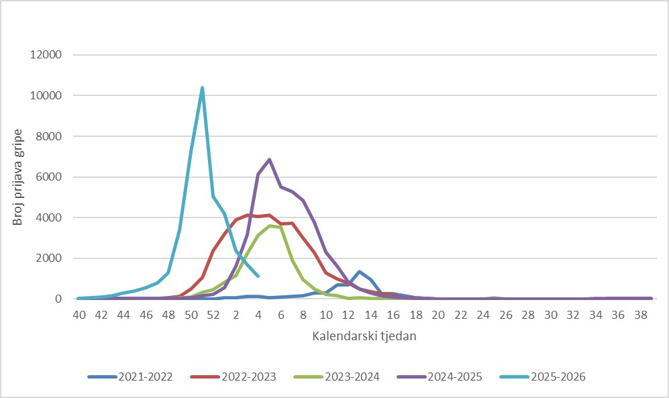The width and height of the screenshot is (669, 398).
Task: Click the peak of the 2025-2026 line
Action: pos(202,88)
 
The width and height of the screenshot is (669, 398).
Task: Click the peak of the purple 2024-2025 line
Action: pos(269,160)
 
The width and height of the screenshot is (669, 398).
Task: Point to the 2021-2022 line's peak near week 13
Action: pos(359,272)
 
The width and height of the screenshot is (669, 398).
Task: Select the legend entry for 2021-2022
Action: pos(130,377)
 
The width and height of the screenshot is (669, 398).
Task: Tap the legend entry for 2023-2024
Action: pos(337,377)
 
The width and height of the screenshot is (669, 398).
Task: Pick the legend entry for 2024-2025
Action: pos(440,377)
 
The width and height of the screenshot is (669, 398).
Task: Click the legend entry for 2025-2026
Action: pos(543,377)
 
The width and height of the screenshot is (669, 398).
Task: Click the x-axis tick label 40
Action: pos(79,315)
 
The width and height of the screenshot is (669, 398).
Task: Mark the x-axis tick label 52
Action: pos(213,315)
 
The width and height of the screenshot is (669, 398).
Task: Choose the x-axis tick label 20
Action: pos(438,315)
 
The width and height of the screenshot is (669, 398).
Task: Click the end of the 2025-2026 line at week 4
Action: pos(258,276)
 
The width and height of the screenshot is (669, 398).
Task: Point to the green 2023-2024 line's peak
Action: pos(270,226)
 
